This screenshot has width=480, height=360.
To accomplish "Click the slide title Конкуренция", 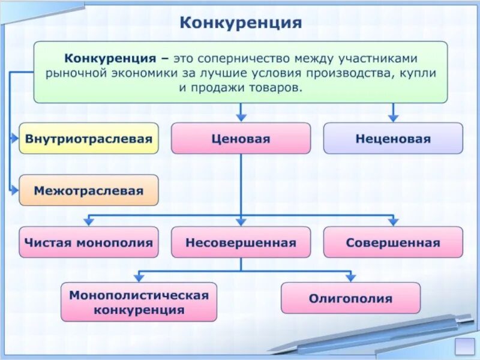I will tap(241, 23).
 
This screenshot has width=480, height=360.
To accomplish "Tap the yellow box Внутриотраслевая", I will tap(89, 139).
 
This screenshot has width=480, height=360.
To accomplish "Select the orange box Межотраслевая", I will tap(89, 191).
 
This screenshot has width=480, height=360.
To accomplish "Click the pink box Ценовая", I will tap(241, 139).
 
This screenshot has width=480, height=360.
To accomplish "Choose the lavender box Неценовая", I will tap(393, 139).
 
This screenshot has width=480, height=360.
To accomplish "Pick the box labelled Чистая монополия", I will tap(89, 243).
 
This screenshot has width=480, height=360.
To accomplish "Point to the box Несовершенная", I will tap(241, 243).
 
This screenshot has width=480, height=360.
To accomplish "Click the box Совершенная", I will tap(393, 243).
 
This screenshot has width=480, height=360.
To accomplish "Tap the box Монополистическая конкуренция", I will tap(139, 302).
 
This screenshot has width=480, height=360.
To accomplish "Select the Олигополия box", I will tap(350, 298).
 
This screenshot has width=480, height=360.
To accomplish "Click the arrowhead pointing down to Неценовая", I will tap(393, 118).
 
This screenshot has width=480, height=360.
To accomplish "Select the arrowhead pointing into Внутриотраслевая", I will tap(15, 139).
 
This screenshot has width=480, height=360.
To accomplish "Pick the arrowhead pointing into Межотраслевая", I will tap(15, 191).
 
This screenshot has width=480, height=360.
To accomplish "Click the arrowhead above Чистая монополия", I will tap(89, 222).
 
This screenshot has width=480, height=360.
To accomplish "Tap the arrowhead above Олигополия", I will tap(350, 277).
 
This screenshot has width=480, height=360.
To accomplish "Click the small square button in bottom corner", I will tap(465, 346).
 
